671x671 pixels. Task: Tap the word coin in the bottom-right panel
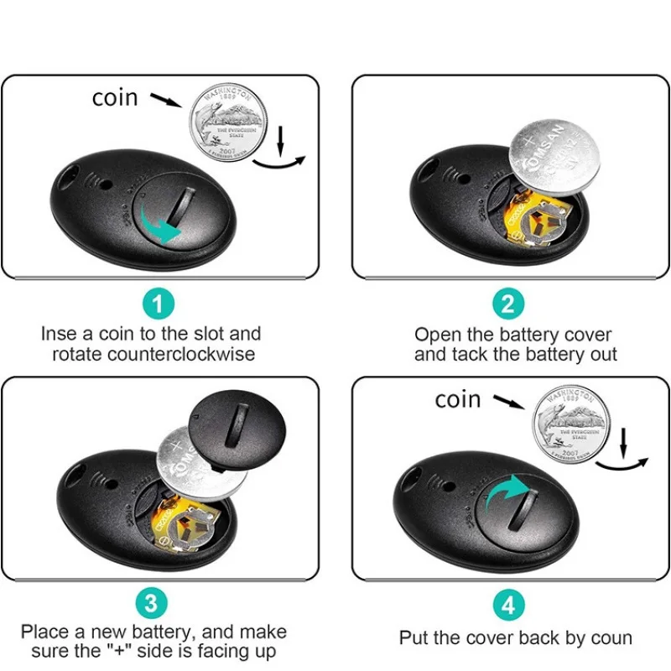(458, 399)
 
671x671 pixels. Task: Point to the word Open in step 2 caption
(437, 335)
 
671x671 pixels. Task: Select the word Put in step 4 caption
(414, 638)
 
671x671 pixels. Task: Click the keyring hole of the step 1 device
(68, 177)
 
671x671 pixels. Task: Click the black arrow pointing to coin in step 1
(165, 101)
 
